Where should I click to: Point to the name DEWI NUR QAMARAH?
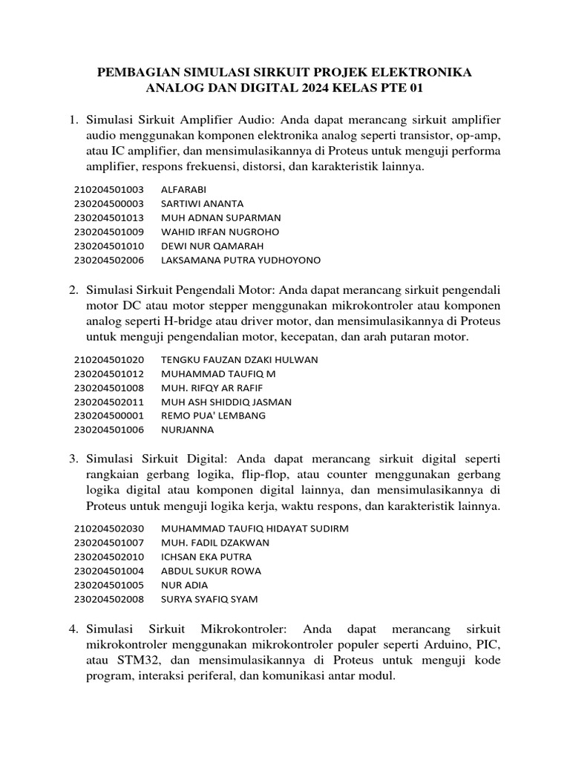[x=212, y=246]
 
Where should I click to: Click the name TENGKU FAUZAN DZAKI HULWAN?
[x=239, y=360]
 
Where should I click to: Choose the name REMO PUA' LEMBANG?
[x=213, y=416]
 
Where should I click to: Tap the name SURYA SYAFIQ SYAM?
[x=209, y=599]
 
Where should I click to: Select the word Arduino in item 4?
[x=453, y=644]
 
